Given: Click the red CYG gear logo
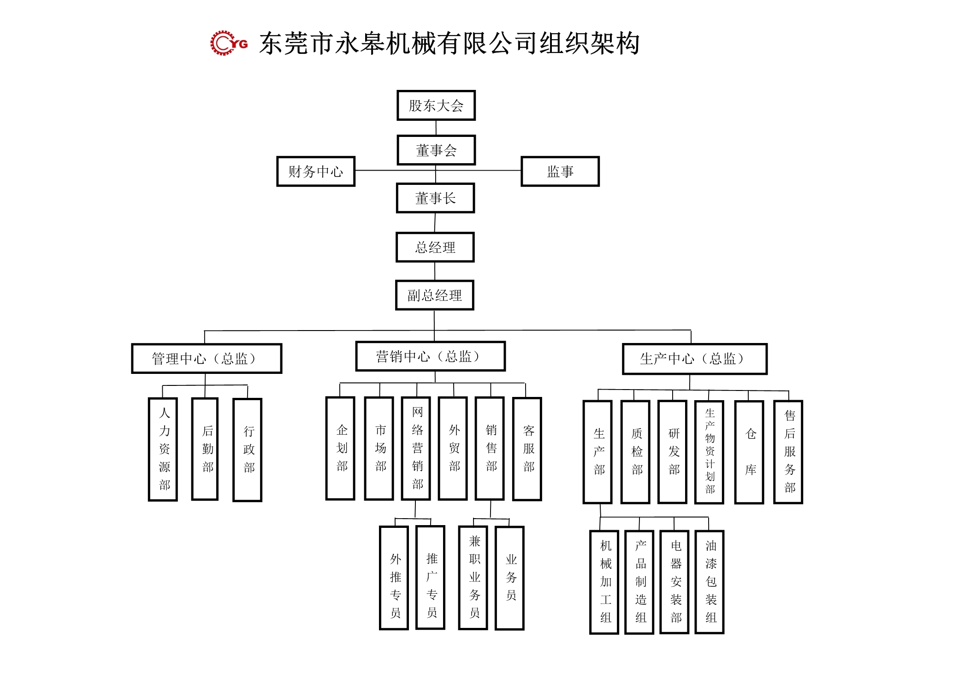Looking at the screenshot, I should pos(229,43).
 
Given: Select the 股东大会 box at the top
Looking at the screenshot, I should pos(436,106).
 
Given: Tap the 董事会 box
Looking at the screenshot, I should pos(436,150).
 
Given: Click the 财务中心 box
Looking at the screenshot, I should pos(316,171).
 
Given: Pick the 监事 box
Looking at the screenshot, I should pos(560,171).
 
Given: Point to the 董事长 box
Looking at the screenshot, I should pos(435,198).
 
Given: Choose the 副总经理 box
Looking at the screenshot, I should pos(434,295).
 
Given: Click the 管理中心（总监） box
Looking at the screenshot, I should pos(206,358).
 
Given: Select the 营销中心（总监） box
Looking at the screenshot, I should pos(430,356).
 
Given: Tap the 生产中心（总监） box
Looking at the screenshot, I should pos(694,359).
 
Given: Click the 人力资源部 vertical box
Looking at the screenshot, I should pos(163,449).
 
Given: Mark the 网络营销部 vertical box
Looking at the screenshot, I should pos(416,448).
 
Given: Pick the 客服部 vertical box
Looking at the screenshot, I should pos(527,449).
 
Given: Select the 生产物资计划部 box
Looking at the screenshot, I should pos(709,451).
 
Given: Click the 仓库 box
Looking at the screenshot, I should pos(749,452).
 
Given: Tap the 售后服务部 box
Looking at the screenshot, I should pos(788,451).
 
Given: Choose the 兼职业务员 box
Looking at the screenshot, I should pos(473,577).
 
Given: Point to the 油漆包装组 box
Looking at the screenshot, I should pos(709,582).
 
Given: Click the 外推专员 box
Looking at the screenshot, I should pos(394,578).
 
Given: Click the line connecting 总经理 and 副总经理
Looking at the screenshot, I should pos(435,271).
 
